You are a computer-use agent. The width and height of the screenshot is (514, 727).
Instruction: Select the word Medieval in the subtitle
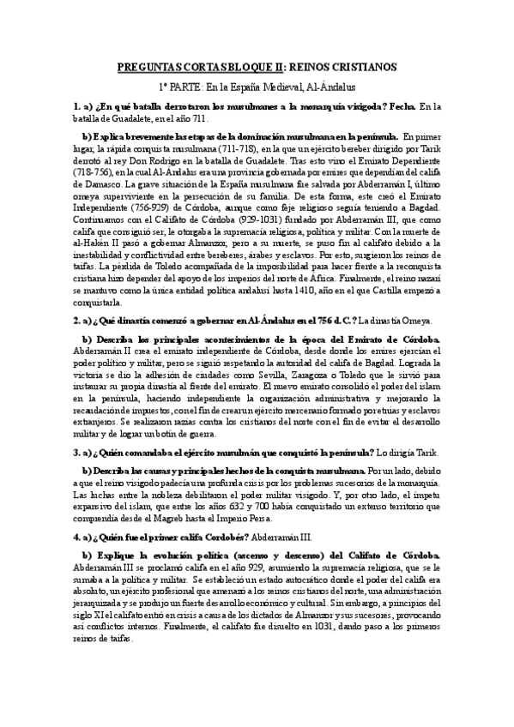point(276,87)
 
